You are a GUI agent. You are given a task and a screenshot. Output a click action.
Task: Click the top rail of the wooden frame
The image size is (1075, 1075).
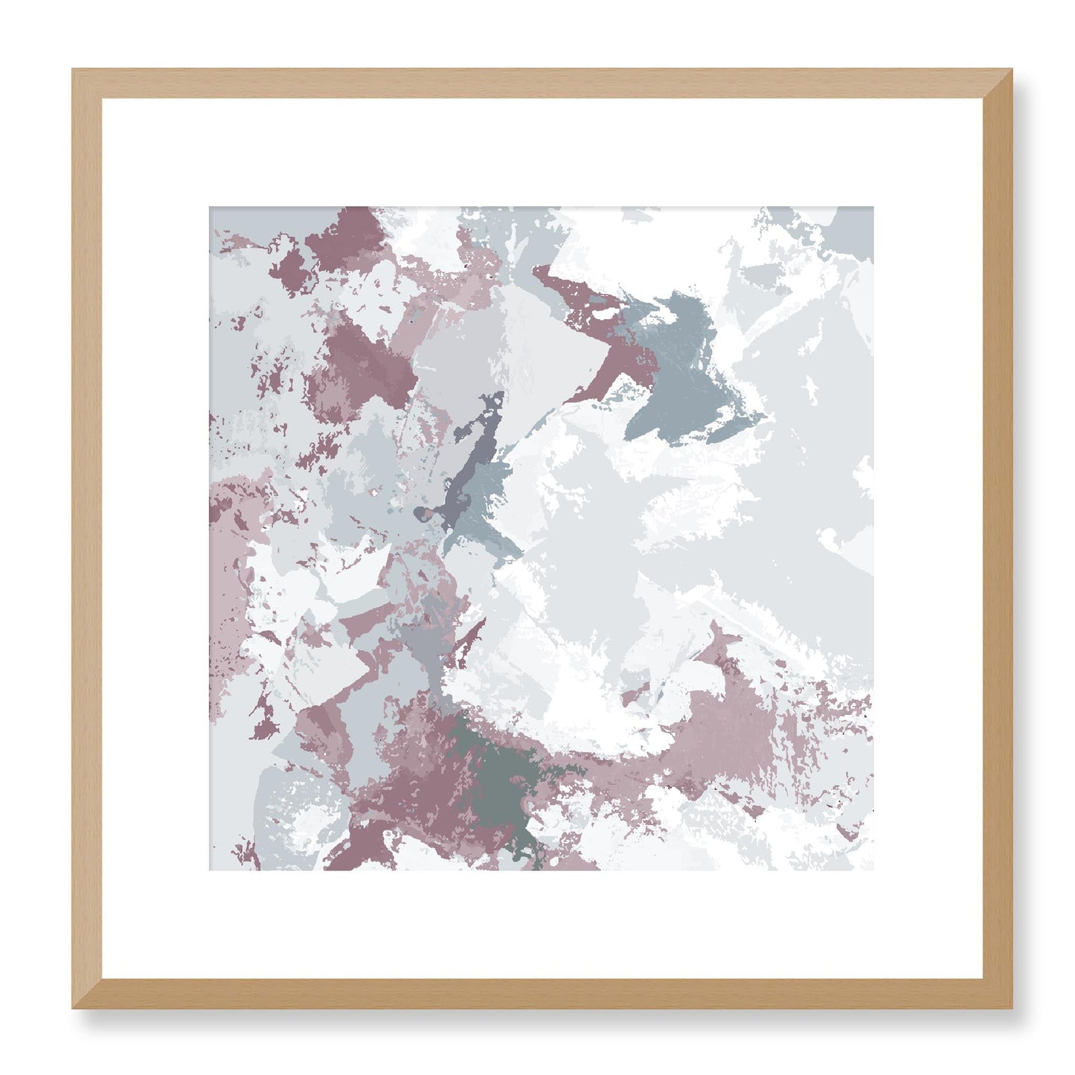click(x=542, y=83)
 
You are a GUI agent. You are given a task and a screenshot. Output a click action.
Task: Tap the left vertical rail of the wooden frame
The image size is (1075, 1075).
click(x=86, y=539)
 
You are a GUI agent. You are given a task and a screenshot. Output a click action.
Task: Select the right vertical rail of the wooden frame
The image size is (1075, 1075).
click(x=997, y=539)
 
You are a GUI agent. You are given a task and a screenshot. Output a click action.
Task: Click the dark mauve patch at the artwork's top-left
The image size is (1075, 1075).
click(x=350, y=234)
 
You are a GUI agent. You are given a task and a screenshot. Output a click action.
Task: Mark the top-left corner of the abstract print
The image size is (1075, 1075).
click(x=210, y=208)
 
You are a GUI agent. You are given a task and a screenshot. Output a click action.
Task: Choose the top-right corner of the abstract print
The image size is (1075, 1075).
click(x=873, y=208)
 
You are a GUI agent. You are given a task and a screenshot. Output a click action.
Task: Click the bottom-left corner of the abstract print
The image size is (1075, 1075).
click(x=210, y=870)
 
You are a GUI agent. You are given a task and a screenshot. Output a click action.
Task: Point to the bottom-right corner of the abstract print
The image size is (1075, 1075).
click(x=873, y=870)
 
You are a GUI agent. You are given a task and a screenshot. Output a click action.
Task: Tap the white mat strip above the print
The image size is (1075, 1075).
click(x=542, y=153)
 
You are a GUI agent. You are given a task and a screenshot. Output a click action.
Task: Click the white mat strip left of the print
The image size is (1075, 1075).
click(x=155, y=539)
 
